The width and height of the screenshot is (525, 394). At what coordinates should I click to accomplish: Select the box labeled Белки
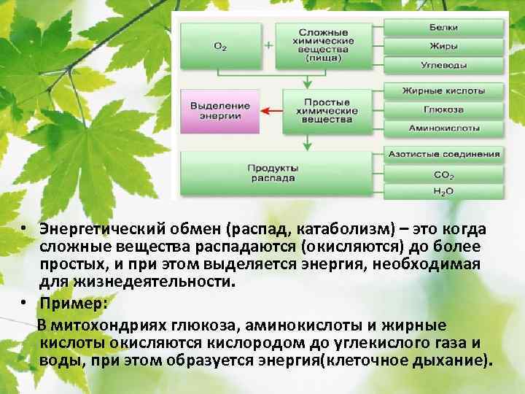click(443, 28)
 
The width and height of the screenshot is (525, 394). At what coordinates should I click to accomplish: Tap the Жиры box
click(443, 47)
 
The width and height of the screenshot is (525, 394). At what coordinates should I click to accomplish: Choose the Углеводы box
click(443, 65)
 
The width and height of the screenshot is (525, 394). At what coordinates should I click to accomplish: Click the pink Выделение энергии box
click(219, 110)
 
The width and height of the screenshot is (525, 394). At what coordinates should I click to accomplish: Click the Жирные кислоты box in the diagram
click(443, 92)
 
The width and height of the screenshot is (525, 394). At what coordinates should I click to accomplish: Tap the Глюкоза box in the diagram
click(443, 110)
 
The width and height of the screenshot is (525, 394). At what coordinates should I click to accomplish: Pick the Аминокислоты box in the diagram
click(443, 128)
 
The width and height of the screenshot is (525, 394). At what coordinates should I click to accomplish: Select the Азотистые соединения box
click(443, 155)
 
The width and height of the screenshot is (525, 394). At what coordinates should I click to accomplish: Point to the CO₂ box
click(443, 175)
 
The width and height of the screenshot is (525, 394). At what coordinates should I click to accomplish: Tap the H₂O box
click(443, 191)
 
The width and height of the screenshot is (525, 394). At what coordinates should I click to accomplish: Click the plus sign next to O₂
click(268, 45)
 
